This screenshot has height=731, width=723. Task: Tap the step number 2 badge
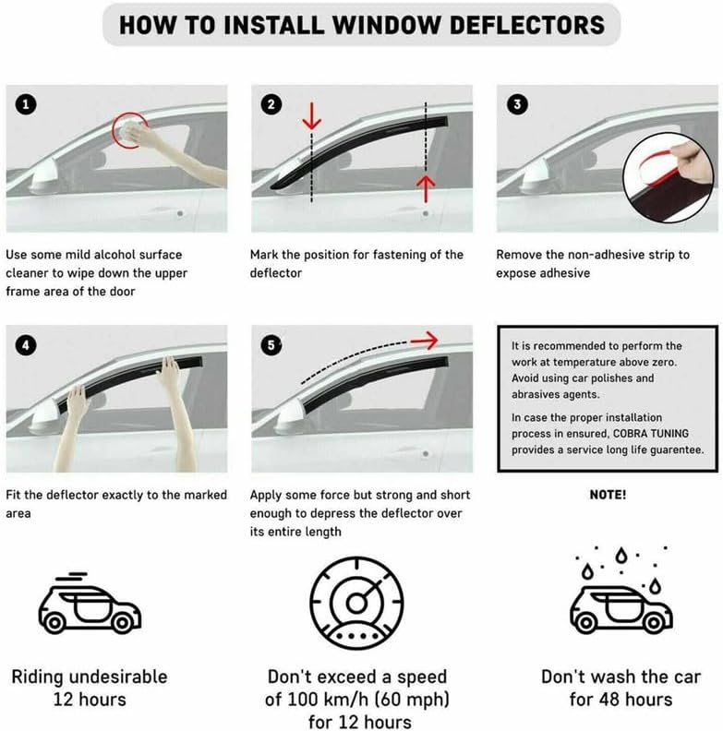point(271,104)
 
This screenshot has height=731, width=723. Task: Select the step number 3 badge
point(517,104)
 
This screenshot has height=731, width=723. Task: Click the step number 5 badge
point(271,345)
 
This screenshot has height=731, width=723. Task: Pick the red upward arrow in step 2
point(425,187)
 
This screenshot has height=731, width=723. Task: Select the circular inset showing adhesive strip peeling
point(669,172)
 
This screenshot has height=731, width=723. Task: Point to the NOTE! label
point(607,495)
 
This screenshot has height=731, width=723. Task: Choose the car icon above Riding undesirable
point(89,605)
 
